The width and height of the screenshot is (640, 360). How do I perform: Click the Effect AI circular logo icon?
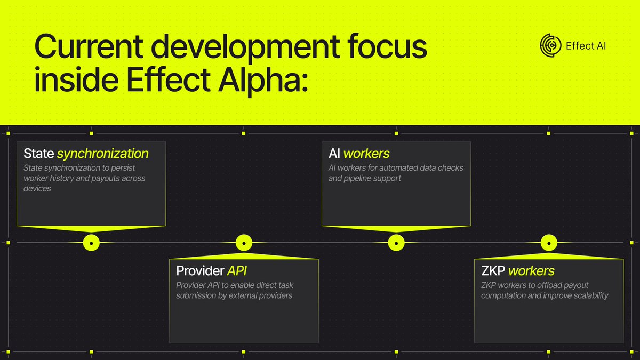pos(550,45)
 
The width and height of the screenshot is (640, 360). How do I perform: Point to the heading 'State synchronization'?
pos(86,154)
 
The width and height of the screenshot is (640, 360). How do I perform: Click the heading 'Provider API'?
pos(211,271)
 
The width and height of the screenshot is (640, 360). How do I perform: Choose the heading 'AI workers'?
pos(359,154)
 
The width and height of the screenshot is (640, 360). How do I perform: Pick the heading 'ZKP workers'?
pos(517,271)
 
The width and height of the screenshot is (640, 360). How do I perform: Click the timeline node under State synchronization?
pos(92,243)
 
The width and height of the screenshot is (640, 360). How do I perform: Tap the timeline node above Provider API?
pos(244,243)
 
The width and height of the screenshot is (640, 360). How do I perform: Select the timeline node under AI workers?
pos(396,243)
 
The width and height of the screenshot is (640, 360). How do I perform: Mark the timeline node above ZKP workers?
pos(549,243)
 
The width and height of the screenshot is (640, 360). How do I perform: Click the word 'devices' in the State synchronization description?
pos(37,189)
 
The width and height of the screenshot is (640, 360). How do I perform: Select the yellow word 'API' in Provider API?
pos(237,271)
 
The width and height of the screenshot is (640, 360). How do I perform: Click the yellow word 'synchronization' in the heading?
pos(102,154)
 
